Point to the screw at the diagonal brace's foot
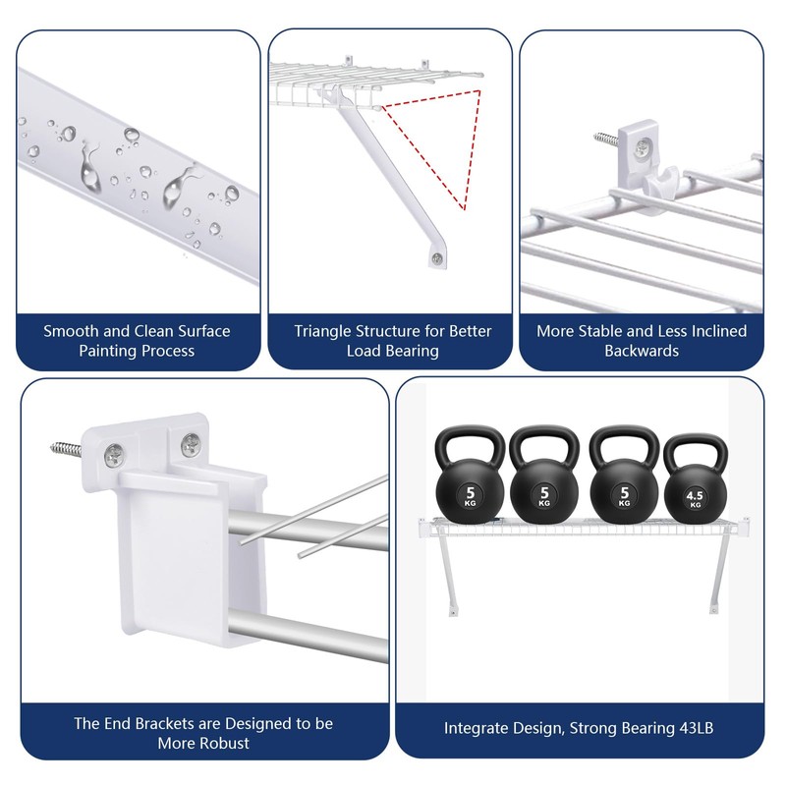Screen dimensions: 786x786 coord(436,258)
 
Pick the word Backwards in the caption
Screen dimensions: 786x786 coord(641,351)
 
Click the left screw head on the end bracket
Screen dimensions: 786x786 coord(116,454)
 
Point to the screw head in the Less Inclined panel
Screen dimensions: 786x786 coord(641,147)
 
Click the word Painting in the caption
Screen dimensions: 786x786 coord(103,351)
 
